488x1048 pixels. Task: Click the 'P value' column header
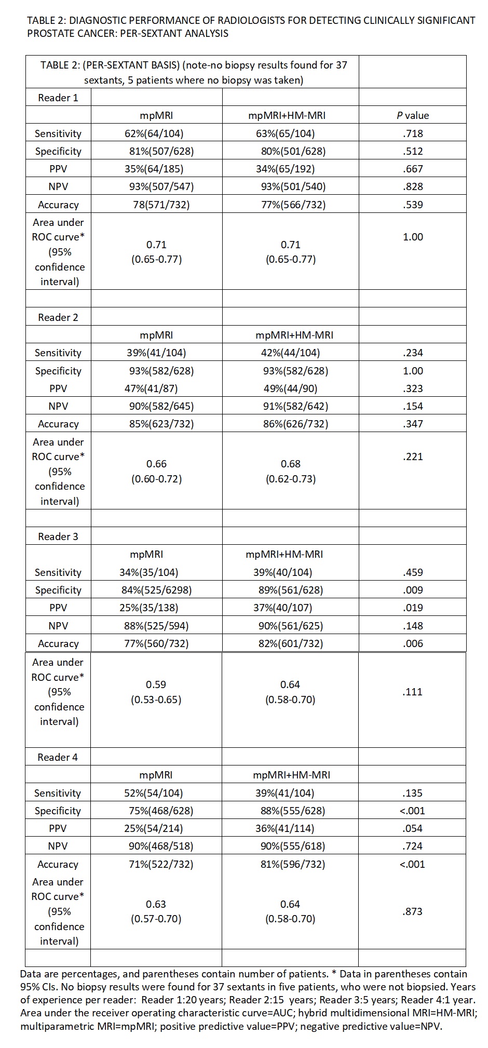[x=413, y=115]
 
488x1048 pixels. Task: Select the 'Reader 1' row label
[x=58, y=98]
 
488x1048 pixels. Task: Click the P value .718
[x=413, y=133]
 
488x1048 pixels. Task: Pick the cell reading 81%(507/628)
[x=161, y=151]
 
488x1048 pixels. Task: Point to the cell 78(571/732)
[x=161, y=205]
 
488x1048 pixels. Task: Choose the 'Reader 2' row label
[x=58, y=317]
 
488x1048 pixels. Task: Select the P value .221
[x=413, y=456]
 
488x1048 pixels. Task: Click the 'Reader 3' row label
[x=58, y=536]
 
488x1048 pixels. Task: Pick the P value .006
[x=413, y=643]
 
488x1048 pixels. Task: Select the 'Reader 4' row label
[x=58, y=757]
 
